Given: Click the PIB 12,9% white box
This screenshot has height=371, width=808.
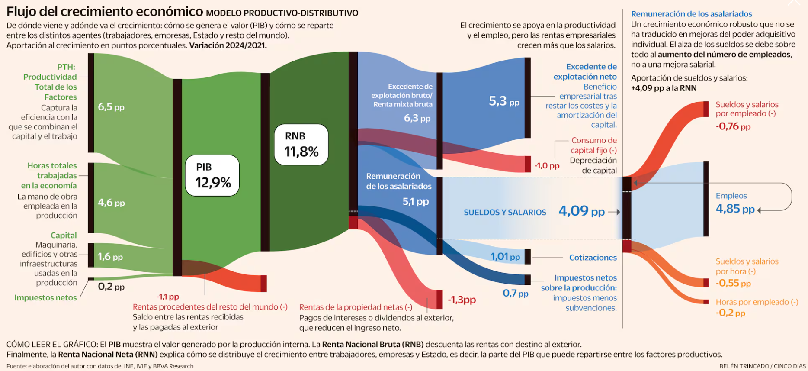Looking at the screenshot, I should click(x=212, y=175).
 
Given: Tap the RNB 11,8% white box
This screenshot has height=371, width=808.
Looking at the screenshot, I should click(x=301, y=145).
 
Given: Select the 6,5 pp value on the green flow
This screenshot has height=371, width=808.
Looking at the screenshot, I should click(x=111, y=107).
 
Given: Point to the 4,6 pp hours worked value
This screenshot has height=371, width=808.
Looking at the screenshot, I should click(x=111, y=203).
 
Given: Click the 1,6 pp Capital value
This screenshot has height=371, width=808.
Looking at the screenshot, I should click(x=110, y=257).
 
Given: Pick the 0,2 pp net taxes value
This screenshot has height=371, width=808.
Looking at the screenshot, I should click(x=111, y=287).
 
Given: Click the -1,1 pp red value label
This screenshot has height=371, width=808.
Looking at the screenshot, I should click(x=167, y=297).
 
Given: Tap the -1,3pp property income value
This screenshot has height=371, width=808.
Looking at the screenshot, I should click(x=462, y=300).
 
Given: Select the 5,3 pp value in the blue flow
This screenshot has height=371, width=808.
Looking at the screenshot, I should click(x=503, y=101).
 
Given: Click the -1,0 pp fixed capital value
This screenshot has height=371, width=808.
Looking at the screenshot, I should click(x=547, y=165).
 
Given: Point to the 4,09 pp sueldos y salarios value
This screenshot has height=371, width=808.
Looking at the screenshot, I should click(x=581, y=211).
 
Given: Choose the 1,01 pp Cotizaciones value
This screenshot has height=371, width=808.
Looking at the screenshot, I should click(x=505, y=257).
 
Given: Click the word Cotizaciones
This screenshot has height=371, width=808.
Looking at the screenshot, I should click(x=593, y=258).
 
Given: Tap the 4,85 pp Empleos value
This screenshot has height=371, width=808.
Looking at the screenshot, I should click(x=735, y=209).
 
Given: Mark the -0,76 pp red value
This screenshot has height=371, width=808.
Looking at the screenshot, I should click(x=733, y=126).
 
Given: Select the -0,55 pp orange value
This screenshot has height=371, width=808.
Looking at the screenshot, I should click(x=733, y=283).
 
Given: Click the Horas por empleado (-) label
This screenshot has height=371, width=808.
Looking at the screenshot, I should click(x=757, y=302).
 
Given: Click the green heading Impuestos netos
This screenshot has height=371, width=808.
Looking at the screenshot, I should click(x=45, y=298).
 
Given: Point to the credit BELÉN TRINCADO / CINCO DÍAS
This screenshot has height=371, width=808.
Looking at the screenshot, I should click(x=762, y=366).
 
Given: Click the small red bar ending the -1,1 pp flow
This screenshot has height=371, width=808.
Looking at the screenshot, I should click(x=263, y=284).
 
